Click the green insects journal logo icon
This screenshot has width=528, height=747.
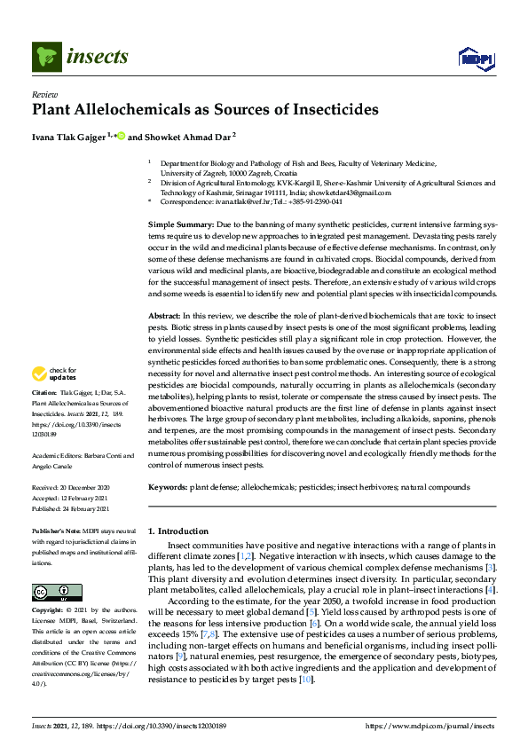(46, 58)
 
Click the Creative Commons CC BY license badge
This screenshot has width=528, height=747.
(52, 592)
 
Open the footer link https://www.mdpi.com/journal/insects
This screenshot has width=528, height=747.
(429, 725)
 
